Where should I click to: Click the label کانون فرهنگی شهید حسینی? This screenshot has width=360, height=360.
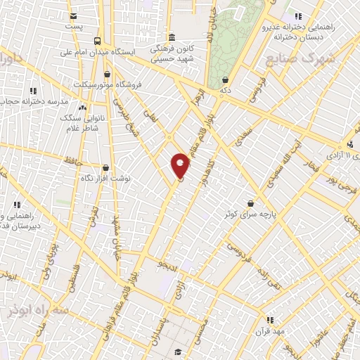click(x=172, y=55)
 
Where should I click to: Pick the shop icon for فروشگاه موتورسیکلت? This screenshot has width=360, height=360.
click(x=107, y=74)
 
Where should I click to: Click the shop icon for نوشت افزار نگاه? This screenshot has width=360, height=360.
click(x=105, y=168)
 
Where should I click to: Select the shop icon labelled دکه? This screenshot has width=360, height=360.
click(x=224, y=80)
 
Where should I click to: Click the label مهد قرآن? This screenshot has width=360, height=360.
click(x=270, y=331)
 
